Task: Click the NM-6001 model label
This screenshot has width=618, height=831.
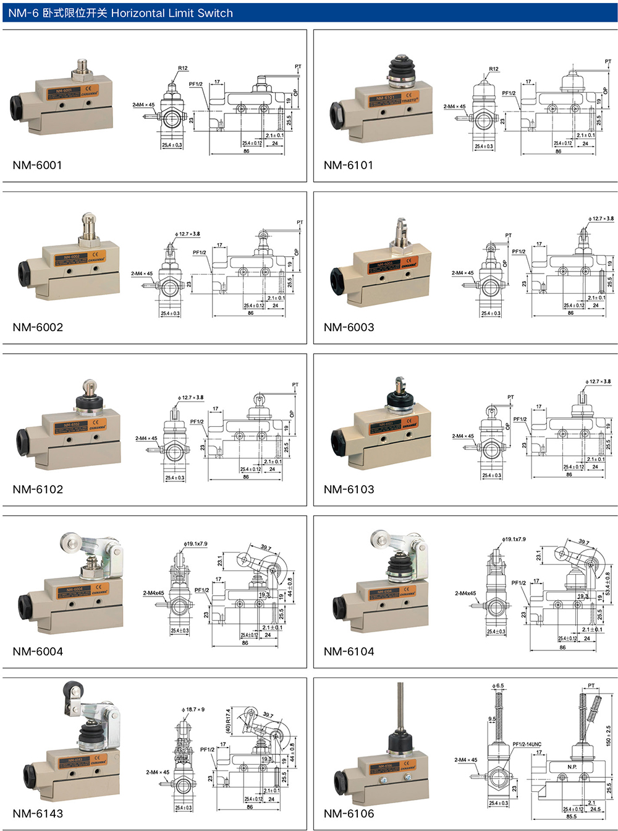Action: (37, 165)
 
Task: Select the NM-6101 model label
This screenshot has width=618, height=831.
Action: (349, 165)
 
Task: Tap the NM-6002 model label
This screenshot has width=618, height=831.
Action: (38, 327)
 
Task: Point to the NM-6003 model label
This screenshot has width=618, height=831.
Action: (349, 327)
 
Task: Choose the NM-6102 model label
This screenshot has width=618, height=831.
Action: (38, 489)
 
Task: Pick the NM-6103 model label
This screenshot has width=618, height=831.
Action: (349, 489)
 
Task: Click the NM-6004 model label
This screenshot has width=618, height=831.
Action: (38, 652)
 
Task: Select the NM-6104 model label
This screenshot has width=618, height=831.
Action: (349, 652)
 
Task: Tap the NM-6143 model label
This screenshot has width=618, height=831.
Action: (38, 814)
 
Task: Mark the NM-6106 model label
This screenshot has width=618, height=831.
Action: (349, 814)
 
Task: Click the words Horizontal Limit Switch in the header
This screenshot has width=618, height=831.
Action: (172, 13)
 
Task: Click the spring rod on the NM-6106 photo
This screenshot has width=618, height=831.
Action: (400, 705)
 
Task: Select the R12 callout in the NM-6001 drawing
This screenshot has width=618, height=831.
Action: (183, 68)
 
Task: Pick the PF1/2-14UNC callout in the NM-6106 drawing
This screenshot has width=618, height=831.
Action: (527, 744)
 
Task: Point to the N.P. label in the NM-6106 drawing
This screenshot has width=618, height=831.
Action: (572, 767)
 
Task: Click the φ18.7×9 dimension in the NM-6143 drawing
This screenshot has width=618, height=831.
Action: (193, 710)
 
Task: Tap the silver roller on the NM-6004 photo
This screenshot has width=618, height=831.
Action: (69, 545)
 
